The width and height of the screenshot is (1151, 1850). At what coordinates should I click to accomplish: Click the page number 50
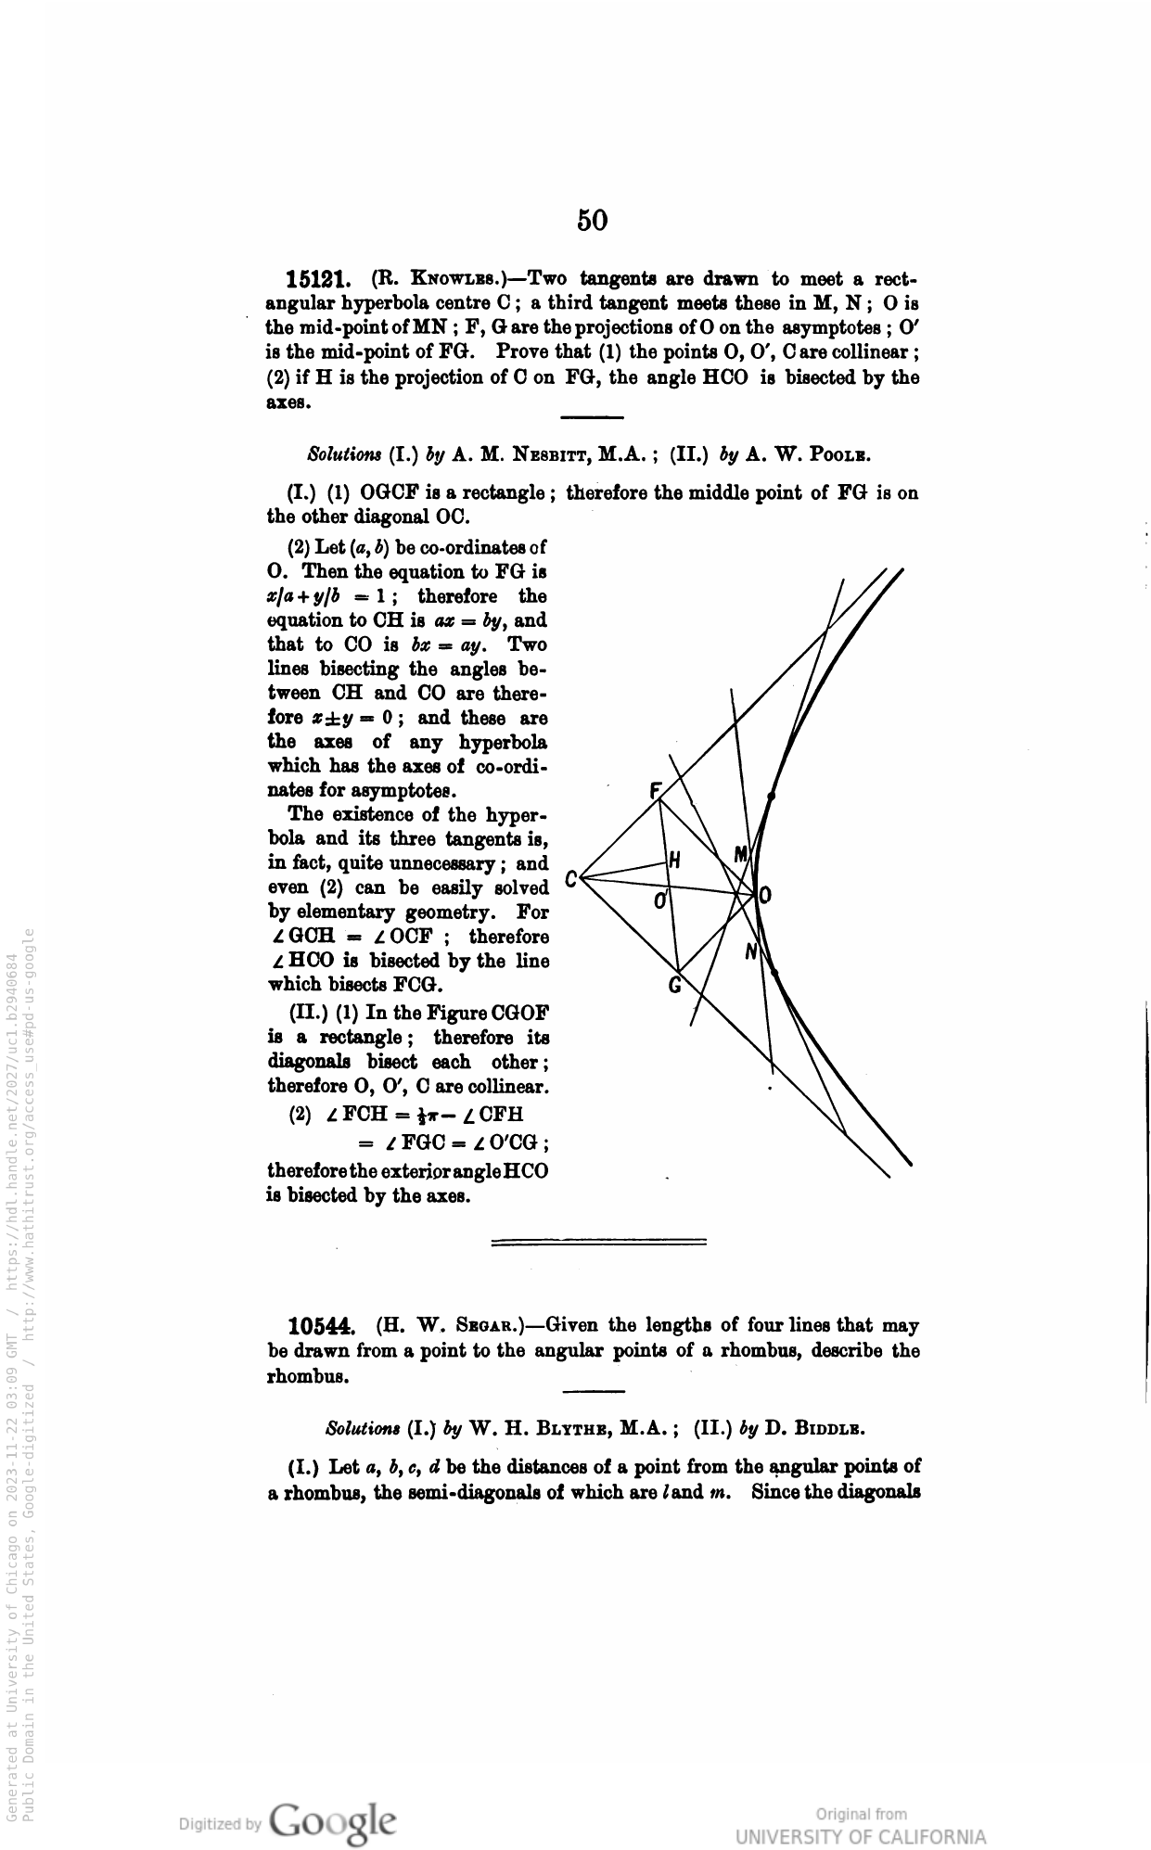pyautogui.click(x=592, y=220)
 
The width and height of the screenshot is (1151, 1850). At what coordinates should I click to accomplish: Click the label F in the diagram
pyautogui.click(x=656, y=791)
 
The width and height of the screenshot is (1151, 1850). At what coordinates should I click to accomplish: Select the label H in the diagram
pyautogui.click(x=675, y=861)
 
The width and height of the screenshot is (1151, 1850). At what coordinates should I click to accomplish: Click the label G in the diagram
pyautogui.click(x=675, y=985)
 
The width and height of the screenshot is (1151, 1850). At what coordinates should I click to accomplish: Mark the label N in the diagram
pyautogui.click(x=751, y=951)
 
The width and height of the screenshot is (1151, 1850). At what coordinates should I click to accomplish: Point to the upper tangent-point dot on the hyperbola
pyautogui.click(x=772, y=795)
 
